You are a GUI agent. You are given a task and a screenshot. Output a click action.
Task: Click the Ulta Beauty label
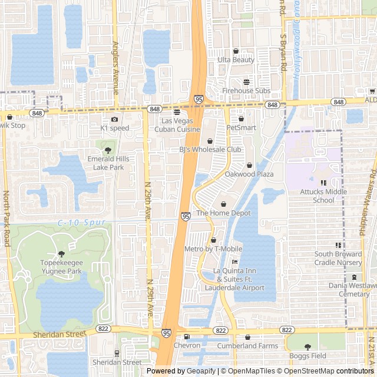[236, 60]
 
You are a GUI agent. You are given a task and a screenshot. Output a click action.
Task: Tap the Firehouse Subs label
[246, 91]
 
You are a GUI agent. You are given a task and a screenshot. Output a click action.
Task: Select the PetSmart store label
[242, 127]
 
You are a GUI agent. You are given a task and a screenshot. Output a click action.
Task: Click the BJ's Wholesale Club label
[210, 150]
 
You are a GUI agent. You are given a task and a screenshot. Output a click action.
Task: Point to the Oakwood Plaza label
[249, 174]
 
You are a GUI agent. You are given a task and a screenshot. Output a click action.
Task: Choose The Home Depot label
[224, 213]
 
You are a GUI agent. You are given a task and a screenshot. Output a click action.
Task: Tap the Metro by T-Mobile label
[213, 249]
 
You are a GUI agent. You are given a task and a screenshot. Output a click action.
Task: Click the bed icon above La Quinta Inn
[234, 262]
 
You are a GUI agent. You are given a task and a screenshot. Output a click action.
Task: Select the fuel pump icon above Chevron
[187, 337]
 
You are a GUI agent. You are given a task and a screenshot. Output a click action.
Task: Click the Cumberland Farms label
[247, 346]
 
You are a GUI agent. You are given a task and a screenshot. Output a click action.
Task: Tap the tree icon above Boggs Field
[307, 347]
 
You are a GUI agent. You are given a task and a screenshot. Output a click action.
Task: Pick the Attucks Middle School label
[323, 196]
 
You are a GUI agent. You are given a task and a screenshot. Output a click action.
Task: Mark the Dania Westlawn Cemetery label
[353, 290]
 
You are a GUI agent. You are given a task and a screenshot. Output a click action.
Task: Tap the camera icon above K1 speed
[114, 120]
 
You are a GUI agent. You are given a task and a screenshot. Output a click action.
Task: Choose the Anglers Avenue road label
[115, 68]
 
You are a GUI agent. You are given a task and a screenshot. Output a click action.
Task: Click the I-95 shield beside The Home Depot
[186, 217]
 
